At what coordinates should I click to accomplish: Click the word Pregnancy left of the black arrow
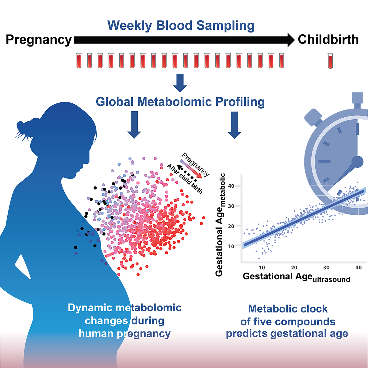tap(39, 40)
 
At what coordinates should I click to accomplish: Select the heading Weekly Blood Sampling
tap(181, 25)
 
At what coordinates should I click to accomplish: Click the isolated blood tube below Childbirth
tap(330, 61)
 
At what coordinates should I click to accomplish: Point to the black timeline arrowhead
tap(291, 40)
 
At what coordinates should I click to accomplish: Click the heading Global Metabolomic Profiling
tap(180, 102)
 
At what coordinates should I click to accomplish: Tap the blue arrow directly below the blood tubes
tap(180, 83)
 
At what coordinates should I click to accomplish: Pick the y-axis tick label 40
tap(231, 186)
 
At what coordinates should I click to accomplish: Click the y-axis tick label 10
tap(231, 246)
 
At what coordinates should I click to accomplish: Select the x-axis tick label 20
tap(294, 267)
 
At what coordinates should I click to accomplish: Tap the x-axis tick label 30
tap(326, 267)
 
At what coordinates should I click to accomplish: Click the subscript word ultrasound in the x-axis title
tap(331, 280)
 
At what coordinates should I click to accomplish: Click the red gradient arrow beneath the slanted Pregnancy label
tap(191, 169)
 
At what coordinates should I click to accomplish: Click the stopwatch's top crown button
tap(358, 98)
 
